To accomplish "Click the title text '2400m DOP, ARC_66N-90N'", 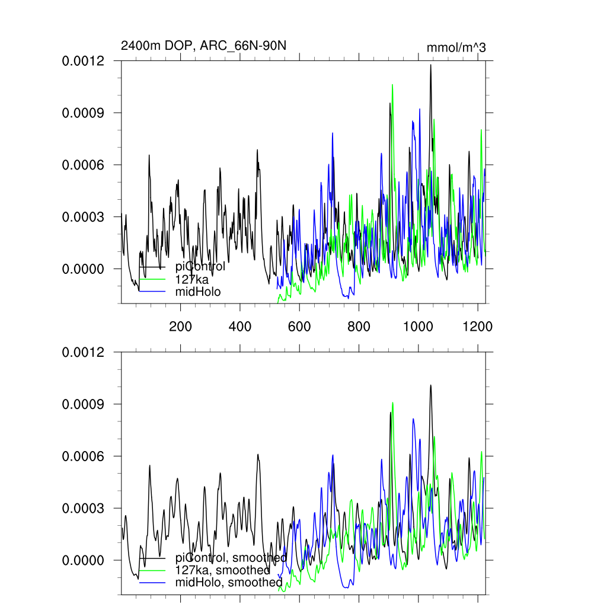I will pos(205,46).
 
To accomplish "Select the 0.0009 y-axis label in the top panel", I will pos(84,113).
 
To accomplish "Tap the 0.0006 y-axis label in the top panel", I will pos(84,165).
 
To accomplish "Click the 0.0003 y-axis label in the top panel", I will pos(84,217).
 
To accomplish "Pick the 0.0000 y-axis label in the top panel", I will pos(84,269).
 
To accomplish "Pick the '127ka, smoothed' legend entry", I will pos(222,570).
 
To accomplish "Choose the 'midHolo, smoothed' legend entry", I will pos(229,583).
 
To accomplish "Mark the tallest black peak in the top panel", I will pos(430,65).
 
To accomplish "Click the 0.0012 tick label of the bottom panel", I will pos(84,352).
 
